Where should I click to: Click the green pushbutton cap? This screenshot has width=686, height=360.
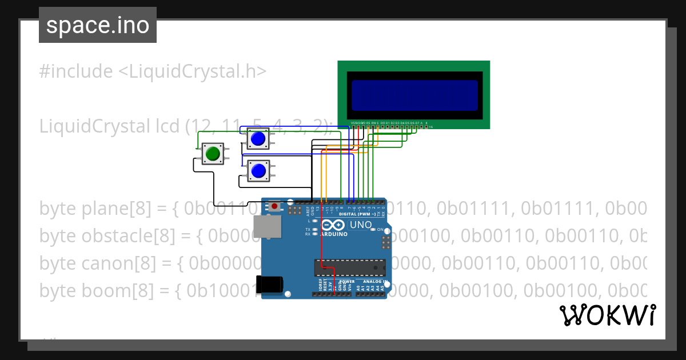pyautogui.click(x=213, y=153)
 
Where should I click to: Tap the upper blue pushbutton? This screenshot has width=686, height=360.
pyautogui.click(x=258, y=138)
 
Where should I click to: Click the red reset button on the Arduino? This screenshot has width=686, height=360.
pyautogui.click(x=275, y=206)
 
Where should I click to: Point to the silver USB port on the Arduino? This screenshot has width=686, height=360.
pyautogui.click(x=268, y=226)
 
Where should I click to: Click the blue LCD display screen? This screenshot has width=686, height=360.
pyautogui.click(x=414, y=95)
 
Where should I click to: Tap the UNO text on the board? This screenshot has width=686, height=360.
pyautogui.click(x=360, y=225)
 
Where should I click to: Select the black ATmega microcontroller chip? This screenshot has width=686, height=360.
pyautogui.click(x=349, y=267)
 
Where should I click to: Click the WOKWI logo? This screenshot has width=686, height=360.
pyautogui.click(x=608, y=315)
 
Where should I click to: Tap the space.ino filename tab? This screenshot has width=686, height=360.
pyautogui.click(x=98, y=25)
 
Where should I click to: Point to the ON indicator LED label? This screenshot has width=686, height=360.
pyautogui.click(x=380, y=230)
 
